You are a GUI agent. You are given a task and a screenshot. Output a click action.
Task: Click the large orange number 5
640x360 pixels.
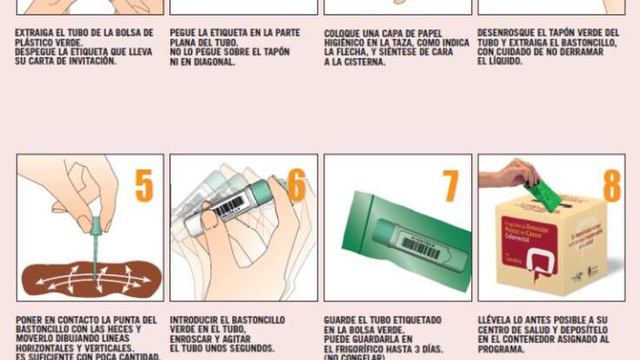[x=143, y=186]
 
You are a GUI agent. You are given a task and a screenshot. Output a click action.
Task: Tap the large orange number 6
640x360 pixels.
[x=296, y=186]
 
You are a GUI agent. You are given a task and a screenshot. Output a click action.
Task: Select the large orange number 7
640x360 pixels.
[x=450, y=186]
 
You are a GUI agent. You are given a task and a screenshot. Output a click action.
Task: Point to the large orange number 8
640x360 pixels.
[x=611, y=186]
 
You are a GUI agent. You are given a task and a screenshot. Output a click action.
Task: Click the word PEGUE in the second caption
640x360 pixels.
[x=185, y=33]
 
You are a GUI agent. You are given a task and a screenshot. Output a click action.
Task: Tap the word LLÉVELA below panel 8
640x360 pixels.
[x=498, y=320]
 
